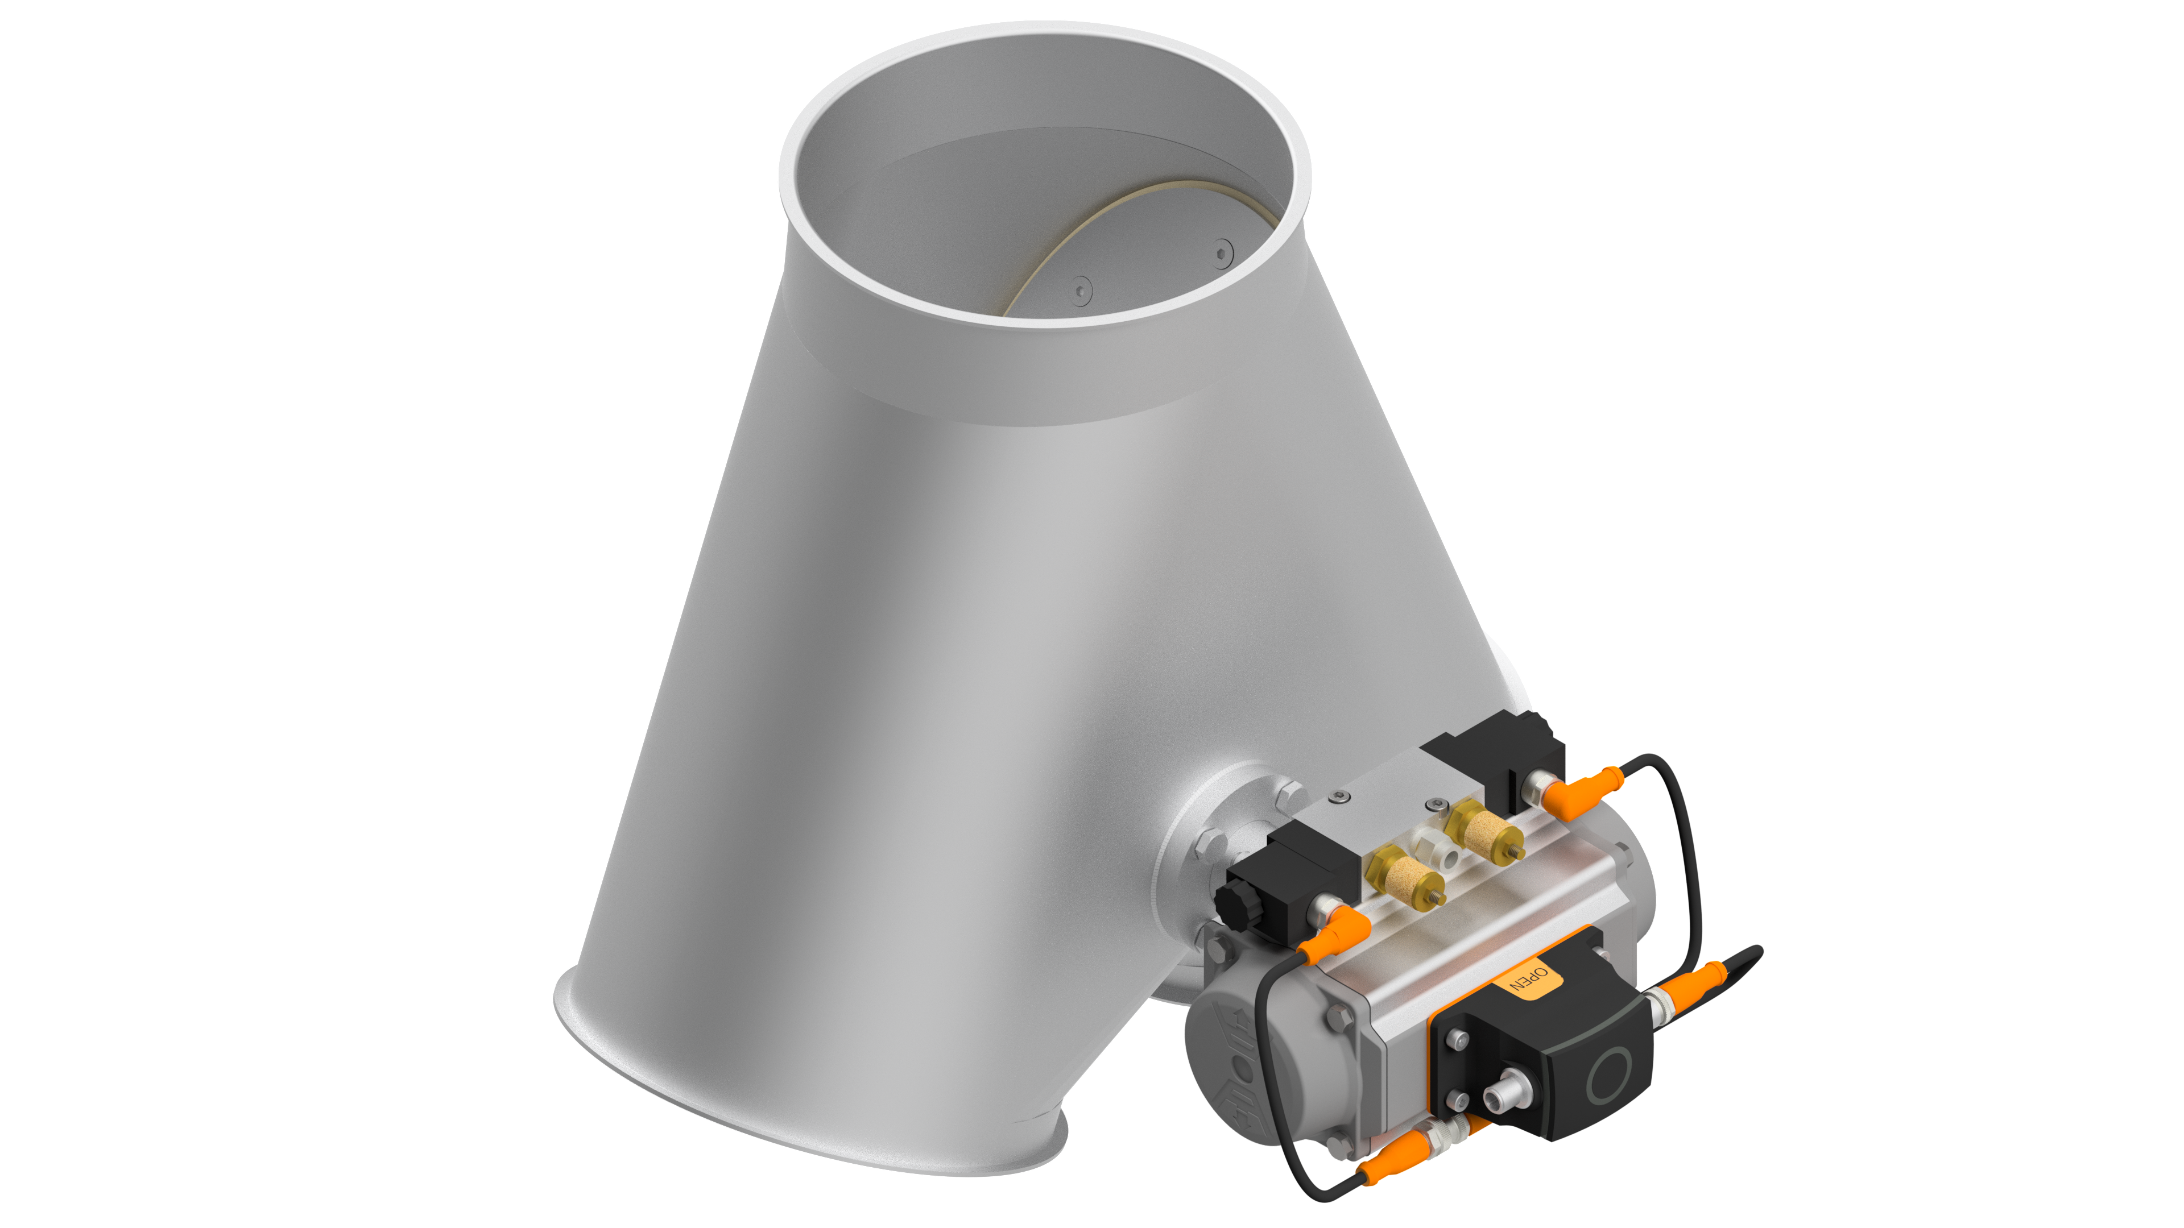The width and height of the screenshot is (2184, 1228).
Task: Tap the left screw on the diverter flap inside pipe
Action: [x=1080, y=291]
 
